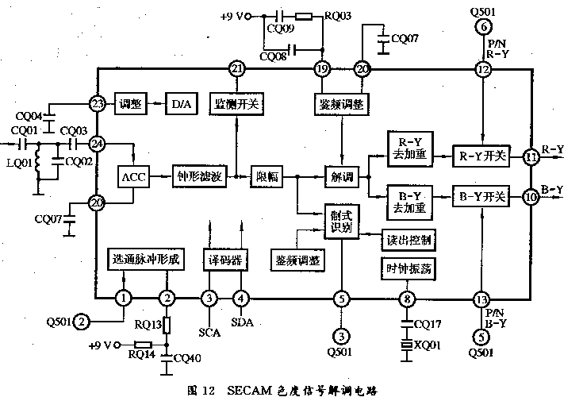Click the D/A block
click(x=176, y=103)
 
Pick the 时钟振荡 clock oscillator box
click(x=407, y=268)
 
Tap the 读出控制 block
click(x=407, y=239)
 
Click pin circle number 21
click(x=236, y=70)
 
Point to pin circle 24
click(x=98, y=145)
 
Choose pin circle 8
click(x=408, y=299)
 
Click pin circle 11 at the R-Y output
click(x=530, y=157)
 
